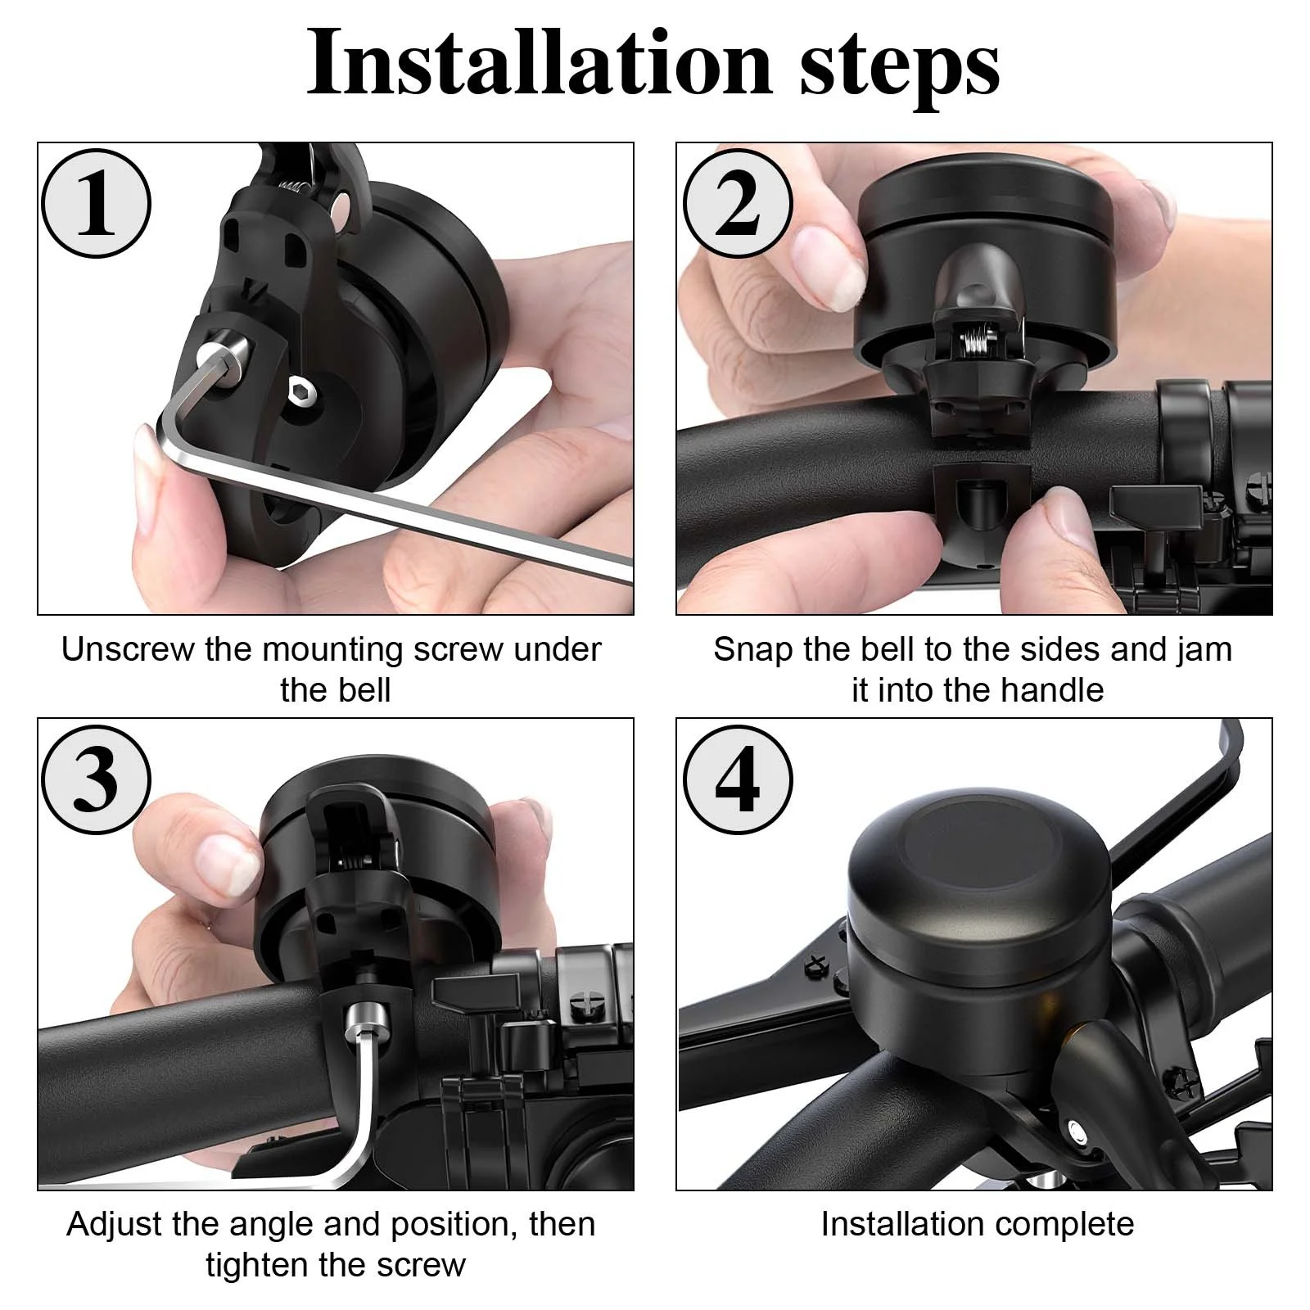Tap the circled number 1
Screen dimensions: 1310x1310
tap(96, 203)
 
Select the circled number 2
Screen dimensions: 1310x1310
tap(738, 203)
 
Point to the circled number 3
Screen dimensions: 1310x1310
tap(96, 779)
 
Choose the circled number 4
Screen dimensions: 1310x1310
tap(738, 779)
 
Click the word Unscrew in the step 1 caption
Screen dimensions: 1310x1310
tap(129, 649)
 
